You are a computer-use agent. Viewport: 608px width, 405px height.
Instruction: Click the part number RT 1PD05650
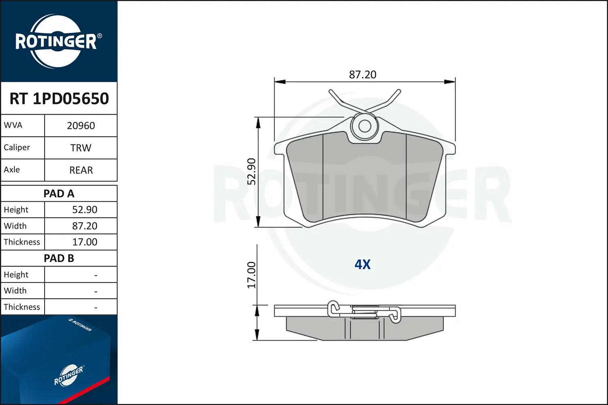coord(59,98)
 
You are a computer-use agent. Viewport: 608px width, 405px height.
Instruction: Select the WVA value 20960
coord(81,126)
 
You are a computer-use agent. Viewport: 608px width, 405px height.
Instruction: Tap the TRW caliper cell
coord(81,148)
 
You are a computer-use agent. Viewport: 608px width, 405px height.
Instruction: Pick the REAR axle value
coord(81,170)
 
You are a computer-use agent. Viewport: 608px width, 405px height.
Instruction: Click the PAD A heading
coord(59,194)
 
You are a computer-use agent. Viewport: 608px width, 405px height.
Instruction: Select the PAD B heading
coord(59,258)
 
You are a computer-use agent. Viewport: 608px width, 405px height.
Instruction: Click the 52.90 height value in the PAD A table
coord(84,210)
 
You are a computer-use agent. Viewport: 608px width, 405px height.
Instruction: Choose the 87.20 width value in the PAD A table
coord(84,226)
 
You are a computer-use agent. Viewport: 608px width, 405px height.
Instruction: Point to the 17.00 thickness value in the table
coord(84,242)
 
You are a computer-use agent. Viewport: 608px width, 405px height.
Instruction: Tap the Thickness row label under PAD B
coord(22,307)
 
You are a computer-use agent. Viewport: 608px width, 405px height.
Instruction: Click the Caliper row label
coord(17,147)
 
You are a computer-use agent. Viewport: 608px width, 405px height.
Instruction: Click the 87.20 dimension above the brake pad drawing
coord(362,75)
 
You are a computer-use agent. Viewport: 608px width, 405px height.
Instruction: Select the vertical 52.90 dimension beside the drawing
coord(252,171)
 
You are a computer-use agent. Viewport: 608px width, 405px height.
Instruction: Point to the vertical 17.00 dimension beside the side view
coord(252,275)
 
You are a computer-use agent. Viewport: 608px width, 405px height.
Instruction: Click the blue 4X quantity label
coord(362,264)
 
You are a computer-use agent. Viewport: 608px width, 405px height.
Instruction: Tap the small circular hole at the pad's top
coord(365,126)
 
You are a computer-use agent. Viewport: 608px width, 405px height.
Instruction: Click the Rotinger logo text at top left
coord(56,42)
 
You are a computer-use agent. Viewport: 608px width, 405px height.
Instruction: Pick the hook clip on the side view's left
coord(334,309)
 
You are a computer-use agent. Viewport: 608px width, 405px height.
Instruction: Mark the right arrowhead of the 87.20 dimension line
coord(450,82)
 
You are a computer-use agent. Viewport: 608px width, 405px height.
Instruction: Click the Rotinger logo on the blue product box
coord(69,375)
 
